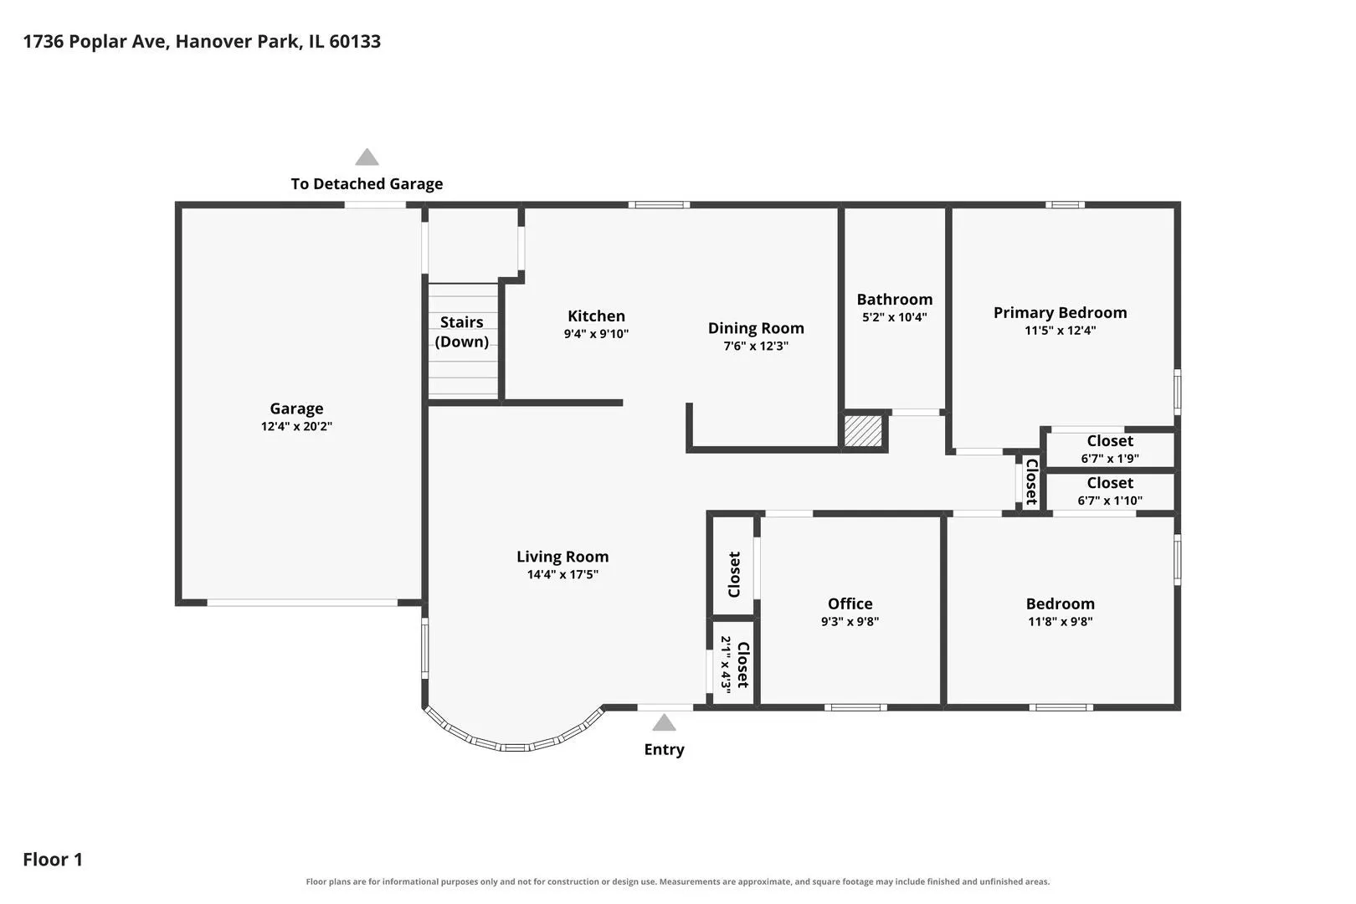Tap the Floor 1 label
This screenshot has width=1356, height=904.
(x=53, y=859)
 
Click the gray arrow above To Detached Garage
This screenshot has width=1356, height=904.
(x=367, y=157)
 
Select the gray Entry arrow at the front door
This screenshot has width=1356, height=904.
(x=664, y=722)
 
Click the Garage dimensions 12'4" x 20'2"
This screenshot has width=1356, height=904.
(x=296, y=426)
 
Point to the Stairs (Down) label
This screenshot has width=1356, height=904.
(x=462, y=331)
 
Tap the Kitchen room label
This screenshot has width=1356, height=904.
(x=596, y=316)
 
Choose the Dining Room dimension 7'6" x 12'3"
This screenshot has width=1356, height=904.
(x=756, y=346)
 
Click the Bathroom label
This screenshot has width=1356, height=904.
(x=895, y=299)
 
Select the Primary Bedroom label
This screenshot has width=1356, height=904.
(x=1060, y=312)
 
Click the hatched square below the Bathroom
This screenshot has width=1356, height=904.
(x=863, y=431)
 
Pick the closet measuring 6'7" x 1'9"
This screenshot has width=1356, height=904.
(x=1110, y=449)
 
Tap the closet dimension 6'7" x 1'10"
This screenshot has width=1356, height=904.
(x=1110, y=501)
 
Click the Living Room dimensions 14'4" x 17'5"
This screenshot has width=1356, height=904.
(x=563, y=574)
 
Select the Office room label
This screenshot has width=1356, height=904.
(x=850, y=604)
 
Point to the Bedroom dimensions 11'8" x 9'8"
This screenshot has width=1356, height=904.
(x=1060, y=621)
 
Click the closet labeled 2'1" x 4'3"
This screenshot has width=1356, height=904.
(x=733, y=664)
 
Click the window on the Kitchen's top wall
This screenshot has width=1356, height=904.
(x=660, y=205)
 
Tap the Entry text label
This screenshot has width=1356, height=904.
(x=664, y=750)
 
